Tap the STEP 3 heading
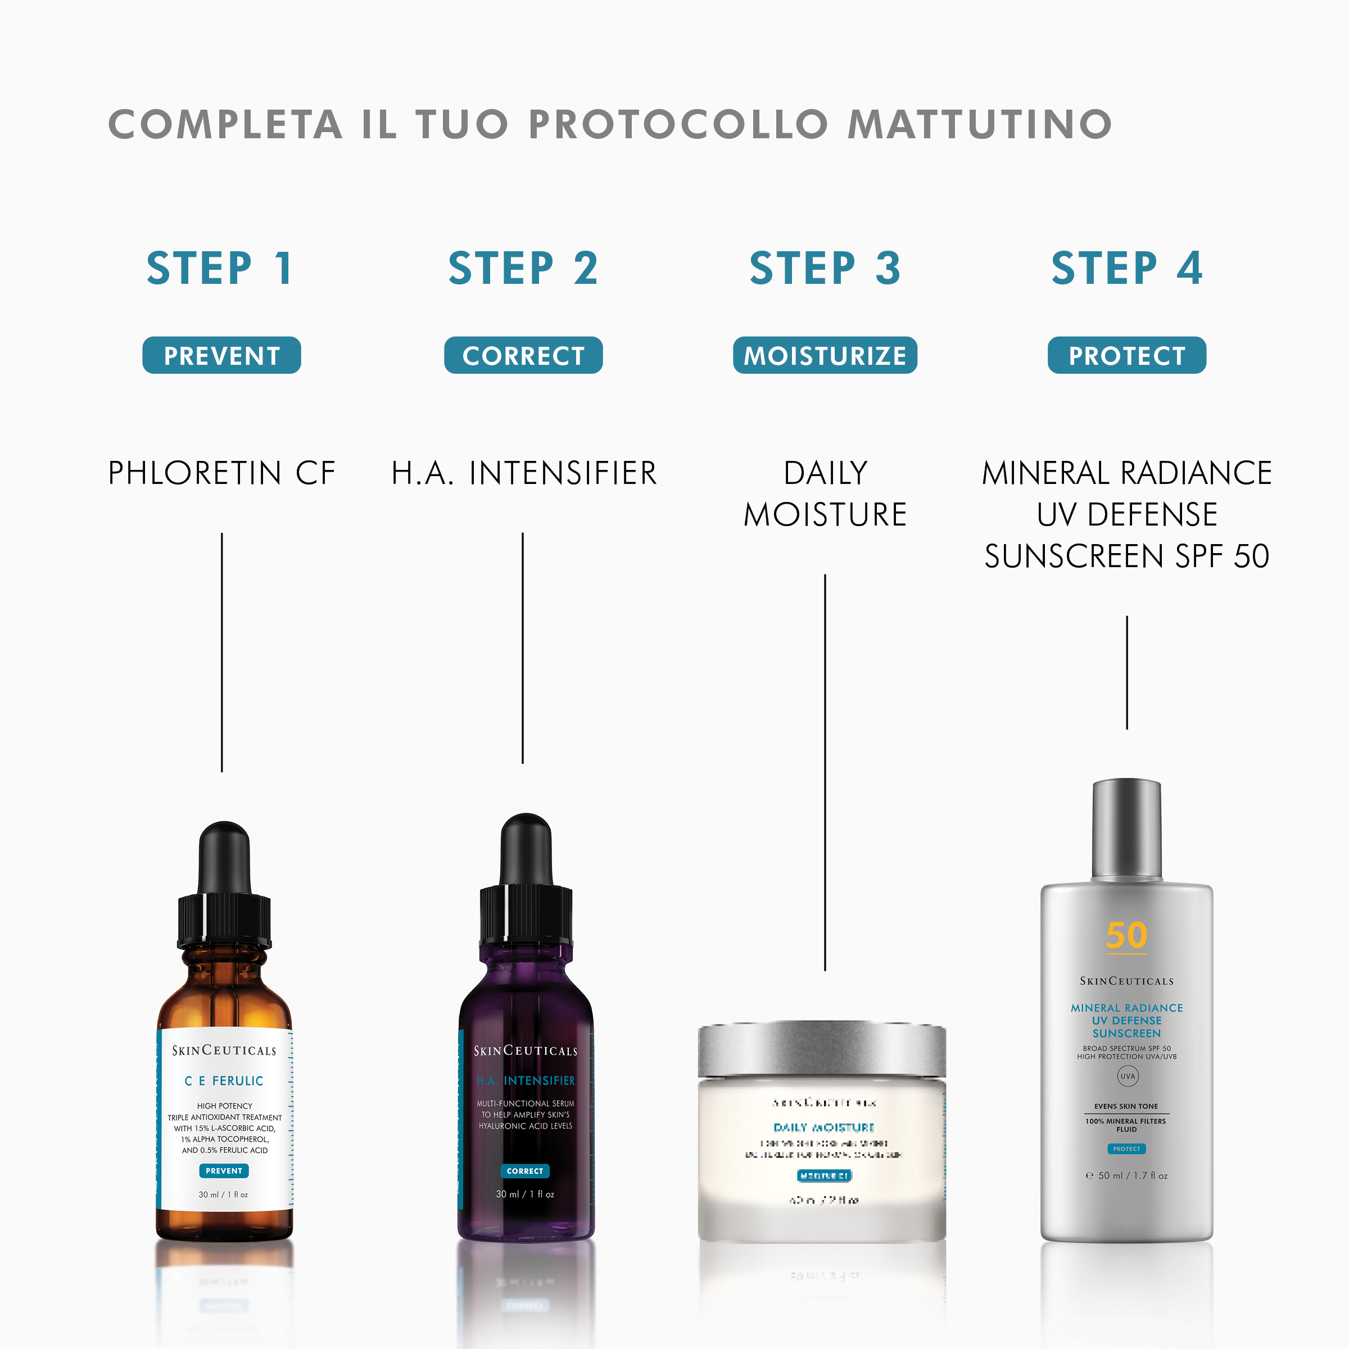click(x=825, y=269)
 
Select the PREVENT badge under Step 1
click(x=221, y=355)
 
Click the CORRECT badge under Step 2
click(x=523, y=355)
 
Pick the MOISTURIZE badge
click(x=825, y=355)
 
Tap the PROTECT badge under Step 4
click(x=1126, y=355)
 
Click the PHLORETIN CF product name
click(x=221, y=473)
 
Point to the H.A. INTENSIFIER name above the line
click(x=524, y=473)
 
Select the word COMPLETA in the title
click(x=225, y=125)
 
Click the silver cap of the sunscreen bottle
click(x=1126, y=827)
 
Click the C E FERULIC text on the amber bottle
click(x=224, y=1081)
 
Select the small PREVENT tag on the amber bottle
click(x=224, y=1171)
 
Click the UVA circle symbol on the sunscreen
click(x=1127, y=1076)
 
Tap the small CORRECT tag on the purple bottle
click(x=525, y=1171)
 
